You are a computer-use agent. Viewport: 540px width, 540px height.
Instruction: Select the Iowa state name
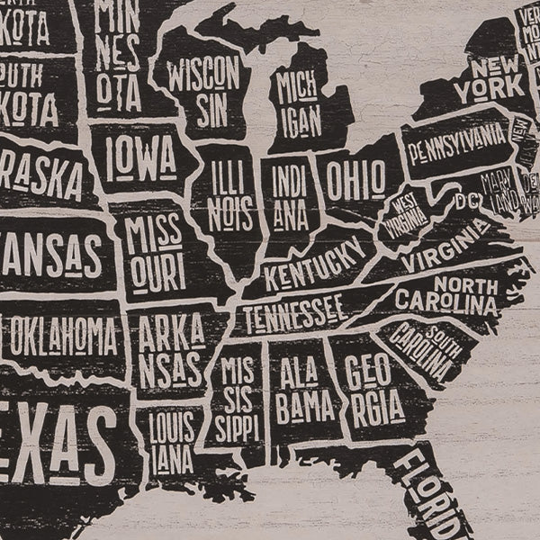tap(140, 159)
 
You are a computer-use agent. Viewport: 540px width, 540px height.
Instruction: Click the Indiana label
tap(291, 196)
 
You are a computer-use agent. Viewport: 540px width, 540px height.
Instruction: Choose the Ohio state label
tap(355, 179)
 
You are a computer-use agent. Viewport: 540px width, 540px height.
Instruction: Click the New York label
tap(489, 78)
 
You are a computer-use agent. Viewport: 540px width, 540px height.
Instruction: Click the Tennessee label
tap(293, 313)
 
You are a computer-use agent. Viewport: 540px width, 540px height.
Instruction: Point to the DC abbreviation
tap(466, 200)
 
